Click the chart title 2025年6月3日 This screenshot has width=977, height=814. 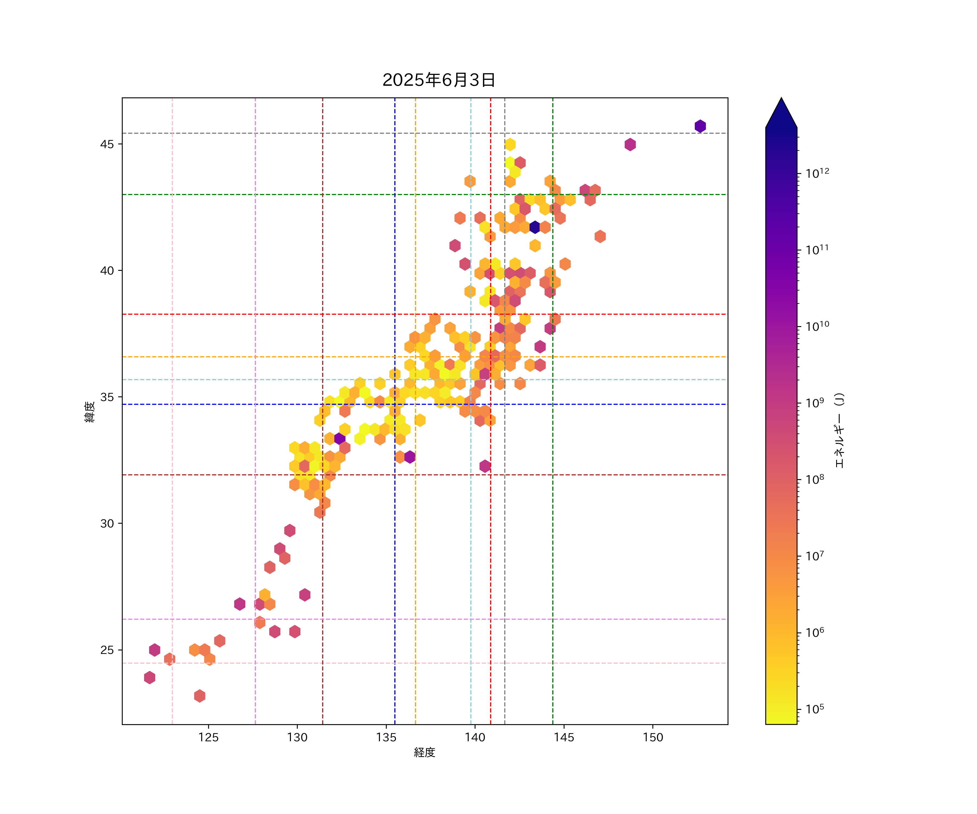pos(439,80)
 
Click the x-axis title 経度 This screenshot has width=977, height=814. pos(424,753)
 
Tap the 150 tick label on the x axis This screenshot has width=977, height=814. pos(653,737)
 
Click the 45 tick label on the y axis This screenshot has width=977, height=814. pos(107,144)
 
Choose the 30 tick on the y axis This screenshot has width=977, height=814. pos(107,524)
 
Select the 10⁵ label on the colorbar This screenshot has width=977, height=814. pos(815,709)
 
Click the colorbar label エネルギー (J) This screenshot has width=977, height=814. pos(839,430)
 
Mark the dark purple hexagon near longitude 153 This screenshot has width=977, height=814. pos(700,126)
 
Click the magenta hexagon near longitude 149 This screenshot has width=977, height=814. pos(630,145)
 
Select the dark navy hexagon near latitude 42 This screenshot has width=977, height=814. pos(535,227)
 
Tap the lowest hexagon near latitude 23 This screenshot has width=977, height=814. pos(199,696)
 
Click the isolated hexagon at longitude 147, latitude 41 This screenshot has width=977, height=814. pos(600,236)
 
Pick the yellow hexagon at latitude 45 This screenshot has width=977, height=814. pos(510,145)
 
